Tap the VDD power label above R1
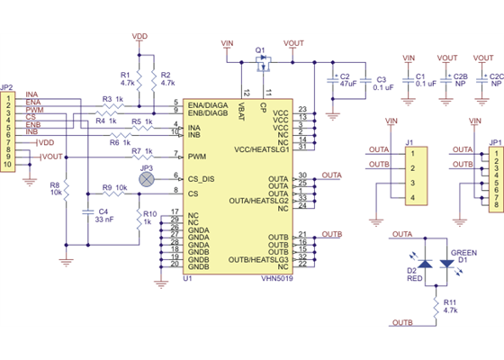tap(139, 37)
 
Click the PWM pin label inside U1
tap(197, 157)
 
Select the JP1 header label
tap(495, 142)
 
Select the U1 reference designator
tap(188, 280)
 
